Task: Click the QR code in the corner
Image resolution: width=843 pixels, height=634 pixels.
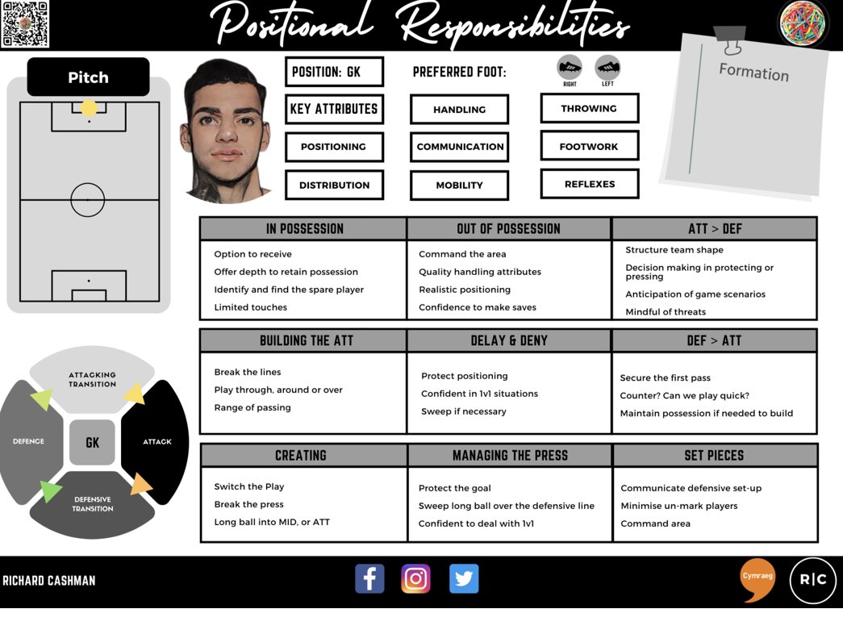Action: [x=25, y=24]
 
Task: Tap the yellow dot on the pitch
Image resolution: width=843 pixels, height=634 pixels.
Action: [x=89, y=108]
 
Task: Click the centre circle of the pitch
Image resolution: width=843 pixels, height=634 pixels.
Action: [x=88, y=199]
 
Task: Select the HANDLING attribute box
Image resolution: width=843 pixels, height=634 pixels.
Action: [x=459, y=110]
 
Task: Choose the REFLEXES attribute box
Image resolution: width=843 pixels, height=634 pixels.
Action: [x=589, y=184]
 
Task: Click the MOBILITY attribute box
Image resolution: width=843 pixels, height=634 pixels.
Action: [x=459, y=186]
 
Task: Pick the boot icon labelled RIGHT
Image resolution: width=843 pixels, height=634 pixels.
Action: [x=570, y=68]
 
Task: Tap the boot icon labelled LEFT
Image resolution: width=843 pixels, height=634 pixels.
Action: [x=607, y=68]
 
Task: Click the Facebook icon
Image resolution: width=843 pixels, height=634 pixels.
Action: [x=369, y=578]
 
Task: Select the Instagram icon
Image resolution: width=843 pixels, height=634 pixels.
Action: [x=416, y=578]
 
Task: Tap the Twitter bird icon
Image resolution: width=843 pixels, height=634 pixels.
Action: [x=464, y=578]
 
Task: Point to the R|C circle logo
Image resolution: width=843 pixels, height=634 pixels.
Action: [x=812, y=580]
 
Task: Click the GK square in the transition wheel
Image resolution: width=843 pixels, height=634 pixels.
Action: [x=92, y=442]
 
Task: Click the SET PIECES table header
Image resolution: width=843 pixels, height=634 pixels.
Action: [x=714, y=456]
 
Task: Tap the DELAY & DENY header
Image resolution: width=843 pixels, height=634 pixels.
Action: [x=509, y=340]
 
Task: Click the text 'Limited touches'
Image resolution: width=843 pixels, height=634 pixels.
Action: [x=250, y=307]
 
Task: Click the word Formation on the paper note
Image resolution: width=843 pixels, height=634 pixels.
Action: [x=753, y=72]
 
